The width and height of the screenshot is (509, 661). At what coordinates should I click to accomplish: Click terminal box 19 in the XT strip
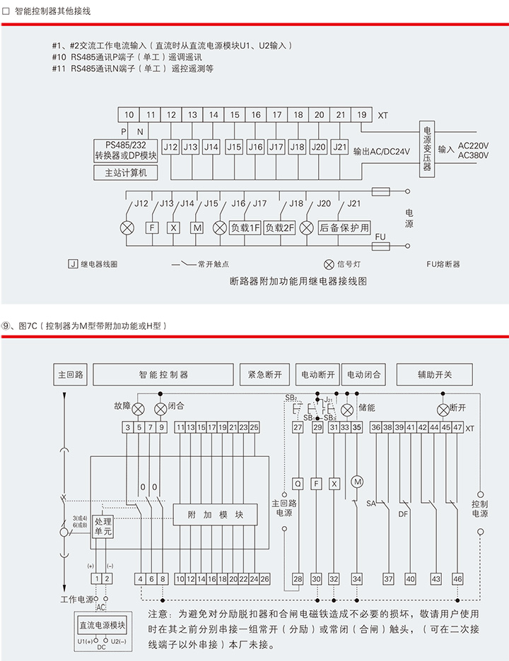(x=361, y=114)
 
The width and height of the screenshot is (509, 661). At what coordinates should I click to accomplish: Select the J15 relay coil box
(x=234, y=147)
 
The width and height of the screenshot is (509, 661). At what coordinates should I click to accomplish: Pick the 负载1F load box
(x=245, y=228)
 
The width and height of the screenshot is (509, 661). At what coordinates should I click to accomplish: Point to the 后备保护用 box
(x=344, y=228)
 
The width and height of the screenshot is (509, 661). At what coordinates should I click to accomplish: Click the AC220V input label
(x=474, y=145)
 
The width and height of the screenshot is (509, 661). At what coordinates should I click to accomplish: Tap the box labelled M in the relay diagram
(x=197, y=228)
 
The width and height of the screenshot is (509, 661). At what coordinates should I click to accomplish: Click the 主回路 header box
(x=71, y=374)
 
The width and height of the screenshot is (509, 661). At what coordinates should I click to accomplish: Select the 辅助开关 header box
(x=434, y=374)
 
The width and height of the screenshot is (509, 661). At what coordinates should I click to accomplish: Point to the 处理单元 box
(x=103, y=527)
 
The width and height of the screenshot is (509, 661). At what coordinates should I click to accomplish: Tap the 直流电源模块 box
(x=102, y=625)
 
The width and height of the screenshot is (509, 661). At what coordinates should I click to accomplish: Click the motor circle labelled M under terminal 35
(x=357, y=482)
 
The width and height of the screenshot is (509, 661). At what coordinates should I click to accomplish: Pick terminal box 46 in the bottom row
(x=458, y=578)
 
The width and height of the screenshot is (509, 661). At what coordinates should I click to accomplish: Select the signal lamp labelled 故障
(x=139, y=409)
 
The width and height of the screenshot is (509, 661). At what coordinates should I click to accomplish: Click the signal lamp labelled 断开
(x=443, y=409)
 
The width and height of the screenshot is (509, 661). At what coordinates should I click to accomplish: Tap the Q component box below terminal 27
(x=298, y=483)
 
